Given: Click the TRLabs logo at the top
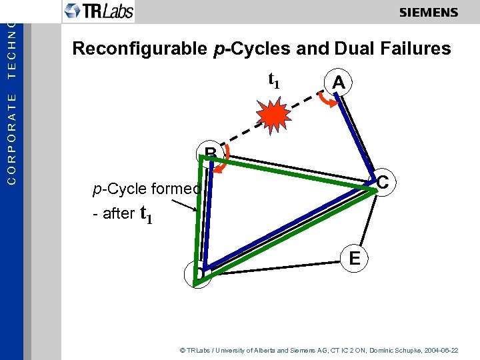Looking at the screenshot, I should [99, 11].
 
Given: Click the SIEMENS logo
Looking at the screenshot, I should [429, 13].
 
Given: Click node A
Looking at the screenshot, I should [339, 83].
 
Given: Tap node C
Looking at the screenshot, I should [382, 182].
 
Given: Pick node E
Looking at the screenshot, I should [355, 257].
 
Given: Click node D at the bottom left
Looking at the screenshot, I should [199, 274].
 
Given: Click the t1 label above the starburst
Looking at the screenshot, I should [273, 80].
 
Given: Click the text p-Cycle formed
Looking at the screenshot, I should [147, 189].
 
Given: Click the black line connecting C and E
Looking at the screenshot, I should [369, 220].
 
